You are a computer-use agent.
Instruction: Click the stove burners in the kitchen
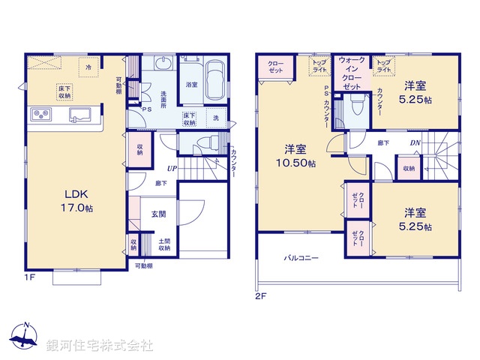40,115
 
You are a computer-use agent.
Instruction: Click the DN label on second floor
414,143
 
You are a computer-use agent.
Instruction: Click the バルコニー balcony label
301,258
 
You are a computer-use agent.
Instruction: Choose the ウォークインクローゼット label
352,73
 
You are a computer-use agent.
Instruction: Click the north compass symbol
25,337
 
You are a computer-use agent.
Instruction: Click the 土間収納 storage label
164,245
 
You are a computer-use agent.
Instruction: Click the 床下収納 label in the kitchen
64,91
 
